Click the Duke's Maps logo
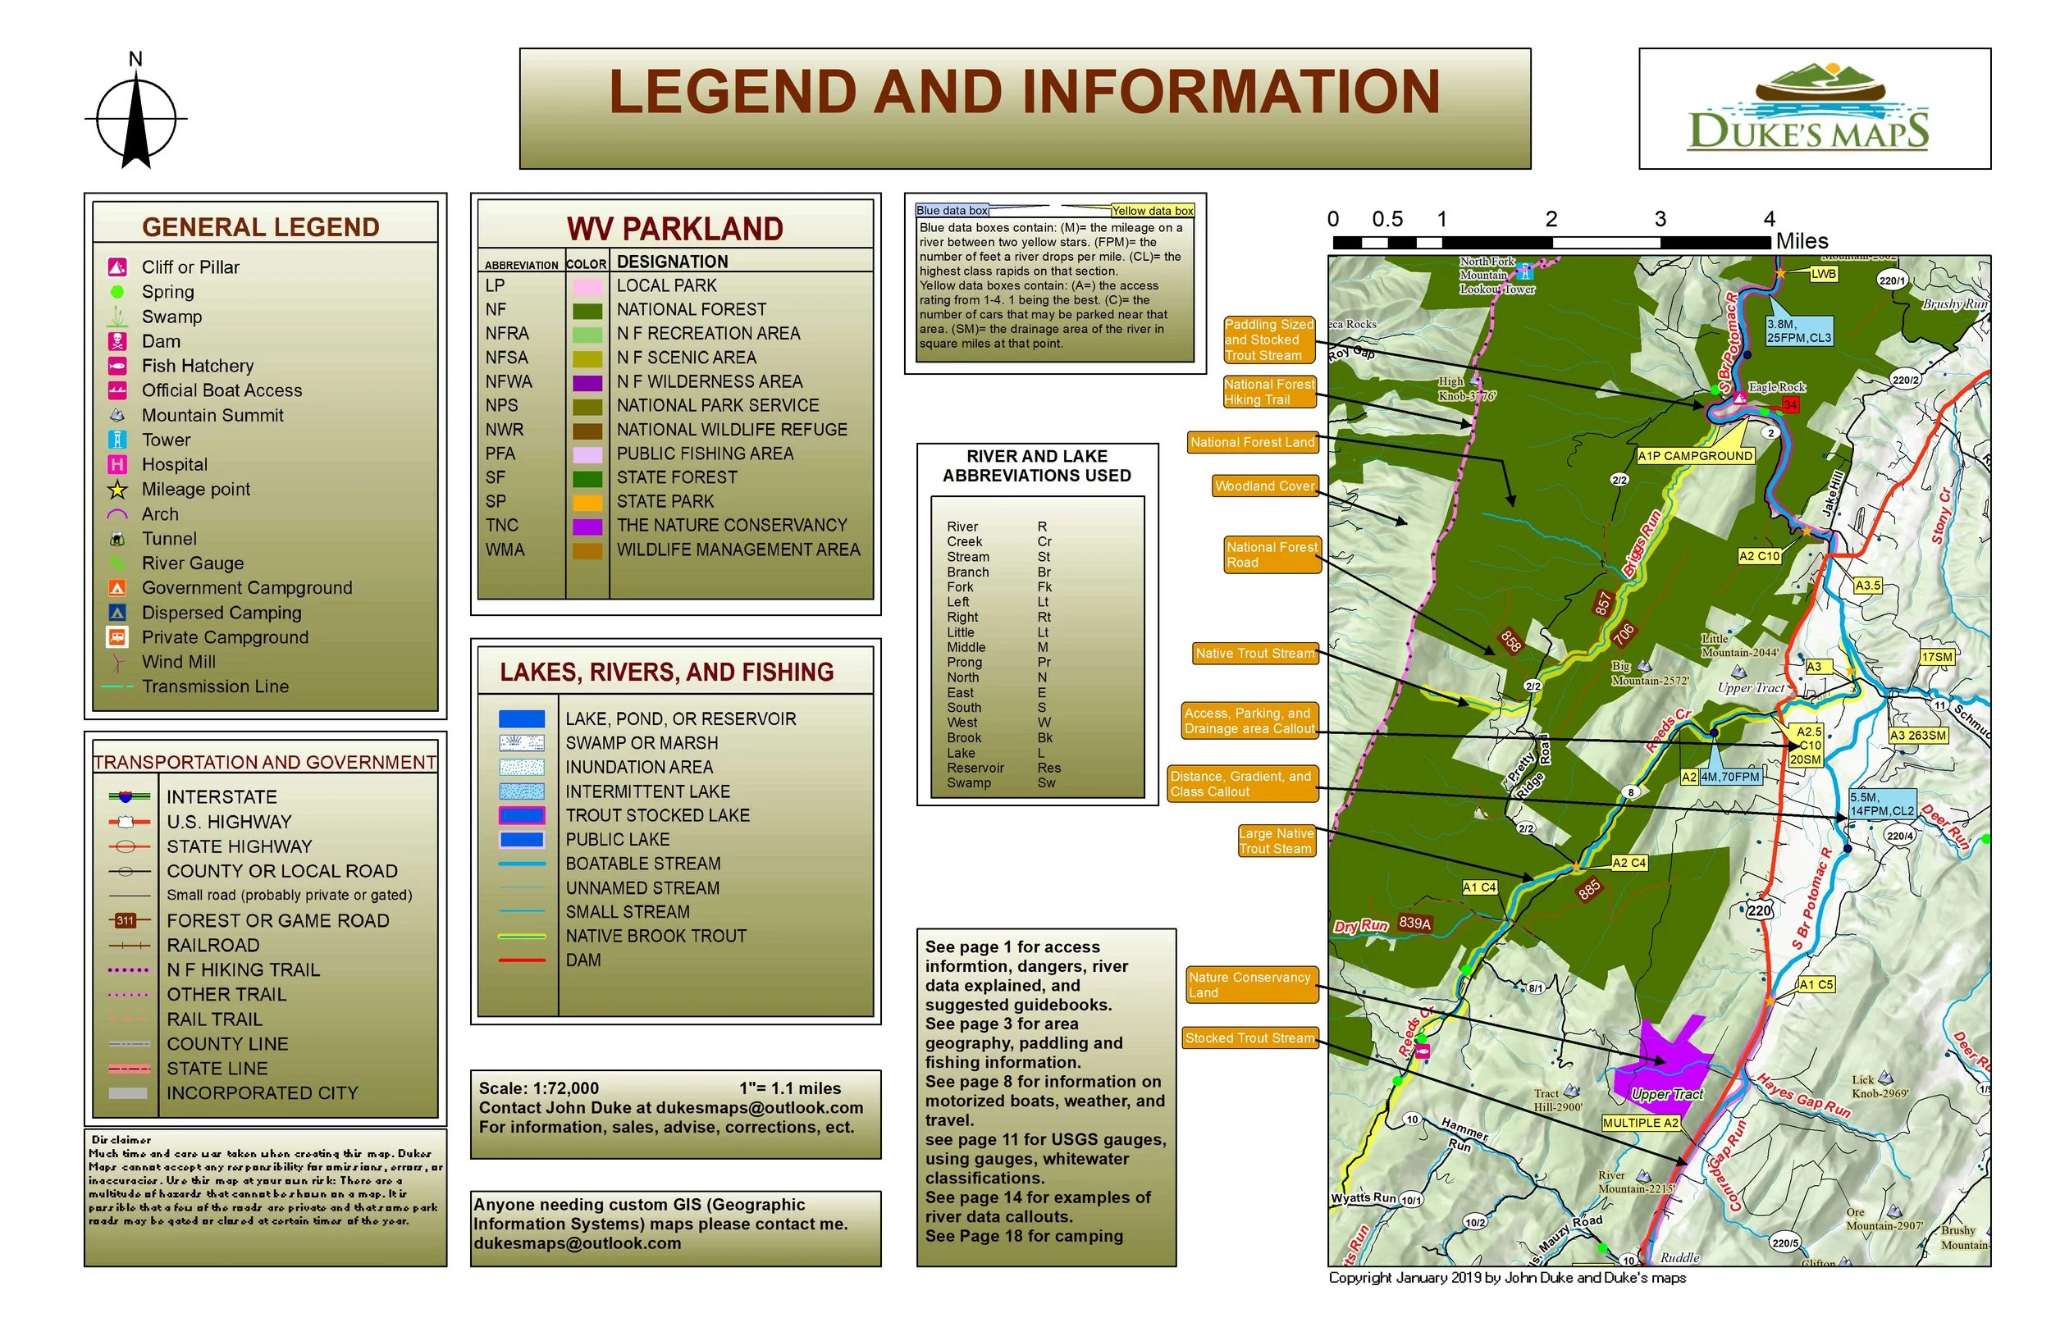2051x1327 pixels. (x=1813, y=108)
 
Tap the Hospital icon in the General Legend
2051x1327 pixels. (x=117, y=464)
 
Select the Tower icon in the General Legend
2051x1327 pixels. (x=117, y=440)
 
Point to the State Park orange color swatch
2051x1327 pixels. (x=587, y=501)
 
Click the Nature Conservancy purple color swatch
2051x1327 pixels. (x=587, y=526)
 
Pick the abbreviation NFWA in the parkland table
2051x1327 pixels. (x=509, y=381)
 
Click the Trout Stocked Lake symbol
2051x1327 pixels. (x=522, y=815)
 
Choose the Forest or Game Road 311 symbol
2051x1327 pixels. (x=126, y=920)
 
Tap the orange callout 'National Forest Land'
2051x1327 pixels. (x=1252, y=442)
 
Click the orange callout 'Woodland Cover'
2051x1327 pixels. (x=1264, y=486)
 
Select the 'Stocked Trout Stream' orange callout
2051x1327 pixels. (x=1249, y=1038)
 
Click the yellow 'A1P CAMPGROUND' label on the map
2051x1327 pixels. (x=1695, y=456)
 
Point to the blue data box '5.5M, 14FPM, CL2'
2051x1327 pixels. (x=1882, y=804)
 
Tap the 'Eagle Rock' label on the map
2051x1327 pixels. (x=1776, y=387)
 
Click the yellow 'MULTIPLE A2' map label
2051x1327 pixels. (x=1641, y=1123)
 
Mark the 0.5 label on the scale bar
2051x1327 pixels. (x=1386, y=219)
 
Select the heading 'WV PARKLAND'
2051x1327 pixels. (x=674, y=229)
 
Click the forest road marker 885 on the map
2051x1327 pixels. (x=1588, y=889)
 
